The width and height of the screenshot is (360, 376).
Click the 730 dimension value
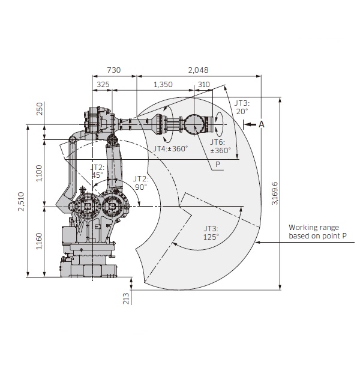[113, 70]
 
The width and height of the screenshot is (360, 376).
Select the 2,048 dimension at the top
[198, 70]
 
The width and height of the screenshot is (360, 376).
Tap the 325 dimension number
[103, 85]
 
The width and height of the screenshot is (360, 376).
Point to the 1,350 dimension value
[163, 85]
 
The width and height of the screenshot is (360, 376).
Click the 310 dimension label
[204, 85]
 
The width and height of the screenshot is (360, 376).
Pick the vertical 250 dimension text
[40, 109]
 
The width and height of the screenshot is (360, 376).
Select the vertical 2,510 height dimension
[22, 201]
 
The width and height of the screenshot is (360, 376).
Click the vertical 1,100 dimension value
[39, 173]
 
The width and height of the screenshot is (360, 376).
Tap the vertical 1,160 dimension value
[39, 241]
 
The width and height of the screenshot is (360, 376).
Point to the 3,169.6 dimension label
[275, 193]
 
